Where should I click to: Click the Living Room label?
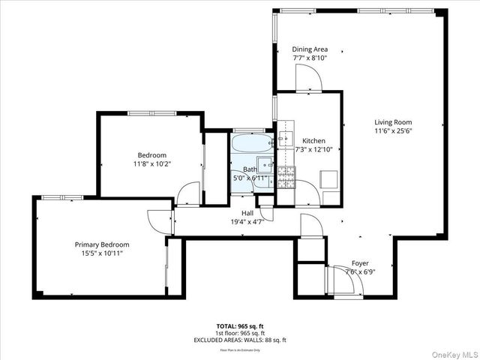(x=393, y=122)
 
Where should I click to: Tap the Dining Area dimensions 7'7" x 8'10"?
(x=310, y=58)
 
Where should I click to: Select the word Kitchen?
(x=313, y=141)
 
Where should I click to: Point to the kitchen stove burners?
(x=285, y=177)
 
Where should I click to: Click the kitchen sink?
(x=285, y=138)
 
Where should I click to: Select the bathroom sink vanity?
(x=265, y=166)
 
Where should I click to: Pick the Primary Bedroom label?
(x=101, y=244)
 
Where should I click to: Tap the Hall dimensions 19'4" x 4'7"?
(x=247, y=222)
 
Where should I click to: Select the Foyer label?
(x=359, y=263)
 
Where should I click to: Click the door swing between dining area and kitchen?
(x=309, y=78)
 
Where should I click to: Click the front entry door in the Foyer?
(x=336, y=280)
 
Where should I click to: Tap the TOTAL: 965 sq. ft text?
(x=240, y=326)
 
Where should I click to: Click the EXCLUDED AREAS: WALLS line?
(x=240, y=340)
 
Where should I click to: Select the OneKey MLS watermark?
(x=453, y=351)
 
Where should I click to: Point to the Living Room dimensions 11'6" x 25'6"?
(x=393, y=130)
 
